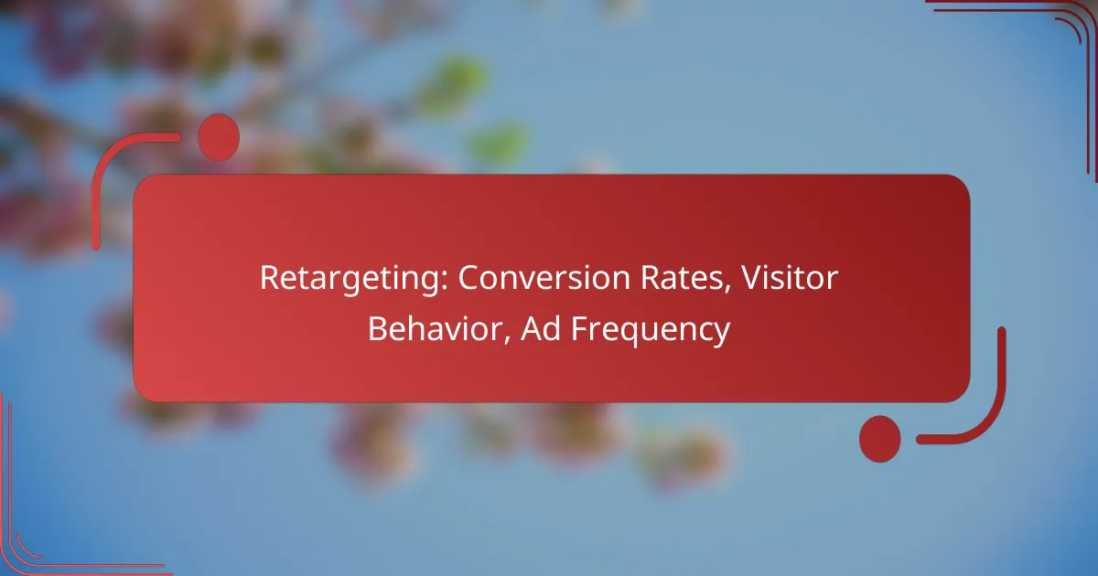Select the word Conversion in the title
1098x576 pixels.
pyautogui.click(x=544, y=278)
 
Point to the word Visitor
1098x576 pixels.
pyautogui.click(x=789, y=278)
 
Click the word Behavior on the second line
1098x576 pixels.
pyautogui.click(x=439, y=328)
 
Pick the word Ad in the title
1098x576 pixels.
pyautogui.click(x=541, y=328)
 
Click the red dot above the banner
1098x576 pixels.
pyautogui.click(x=219, y=137)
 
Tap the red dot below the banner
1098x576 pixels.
pyautogui.click(x=880, y=439)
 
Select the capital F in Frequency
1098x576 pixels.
pyautogui.click(x=579, y=329)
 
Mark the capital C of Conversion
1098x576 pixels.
pyautogui.click(x=469, y=278)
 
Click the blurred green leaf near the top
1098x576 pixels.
pyautogui.click(x=452, y=80)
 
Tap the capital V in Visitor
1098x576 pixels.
pyautogui.click(x=751, y=279)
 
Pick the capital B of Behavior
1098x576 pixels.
pyautogui.click(x=378, y=329)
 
